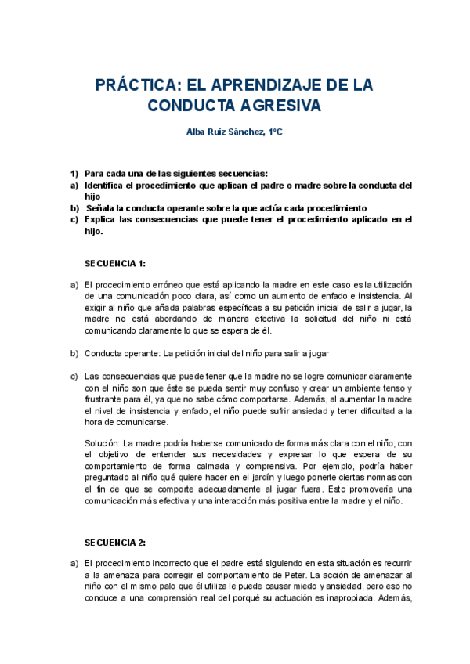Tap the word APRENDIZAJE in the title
point(272,85)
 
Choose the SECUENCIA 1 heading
point(115,263)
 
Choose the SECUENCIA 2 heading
point(115,542)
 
